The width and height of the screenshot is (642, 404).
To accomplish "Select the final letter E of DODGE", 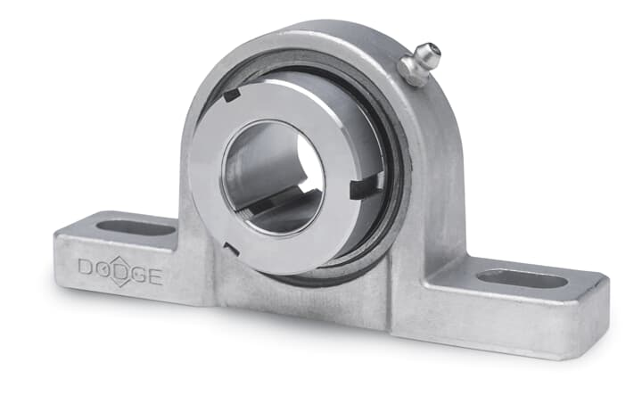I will pos(155,276).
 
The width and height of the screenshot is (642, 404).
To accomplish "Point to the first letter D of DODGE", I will pos(86,266).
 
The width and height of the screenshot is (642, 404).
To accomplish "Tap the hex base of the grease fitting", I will pos(412,73).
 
